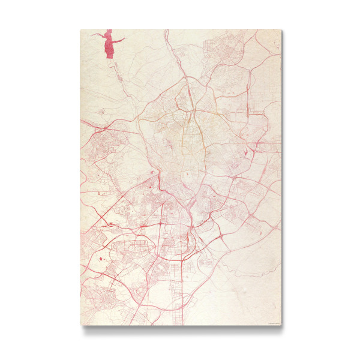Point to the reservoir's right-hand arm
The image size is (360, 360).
coord(119,40)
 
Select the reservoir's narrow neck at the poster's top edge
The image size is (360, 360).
coord(109,31)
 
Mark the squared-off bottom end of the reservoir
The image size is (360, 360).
coord(110,56)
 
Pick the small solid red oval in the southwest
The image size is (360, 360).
coord(100,259)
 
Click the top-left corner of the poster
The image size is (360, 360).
coord(80,29)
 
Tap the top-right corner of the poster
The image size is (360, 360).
coord(281,29)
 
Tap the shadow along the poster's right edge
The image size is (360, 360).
coord(283,180)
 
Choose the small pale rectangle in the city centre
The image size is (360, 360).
coord(187,174)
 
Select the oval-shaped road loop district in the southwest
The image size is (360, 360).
coord(129,246)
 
